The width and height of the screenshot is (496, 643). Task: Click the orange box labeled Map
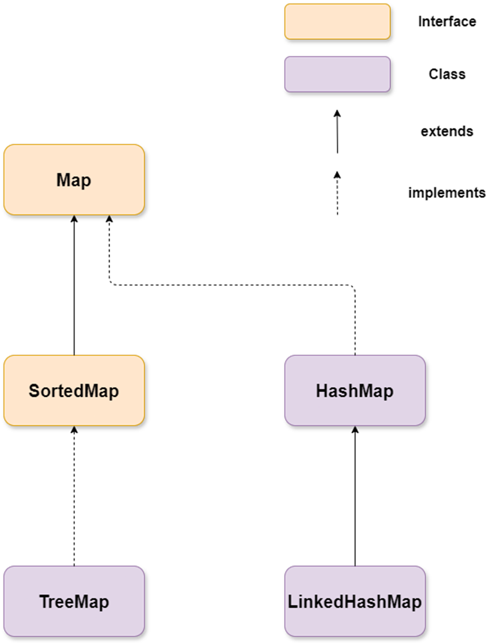pos(74,180)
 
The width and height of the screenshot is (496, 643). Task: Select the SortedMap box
pos(74,390)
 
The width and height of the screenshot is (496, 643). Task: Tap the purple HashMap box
pos(354,390)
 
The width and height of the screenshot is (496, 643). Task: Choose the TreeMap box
pos(74,601)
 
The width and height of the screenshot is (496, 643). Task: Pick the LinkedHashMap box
pos(354,601)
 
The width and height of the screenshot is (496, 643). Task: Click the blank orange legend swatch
pos(337,21)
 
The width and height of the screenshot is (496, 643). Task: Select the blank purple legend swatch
pos(337,74)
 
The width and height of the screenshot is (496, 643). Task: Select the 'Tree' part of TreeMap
pos(56,602)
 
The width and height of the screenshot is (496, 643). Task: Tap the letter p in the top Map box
pos(86,182)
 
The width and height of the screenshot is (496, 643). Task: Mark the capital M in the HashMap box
pos(365,391)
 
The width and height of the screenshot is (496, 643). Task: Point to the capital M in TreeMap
pos(81,602)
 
